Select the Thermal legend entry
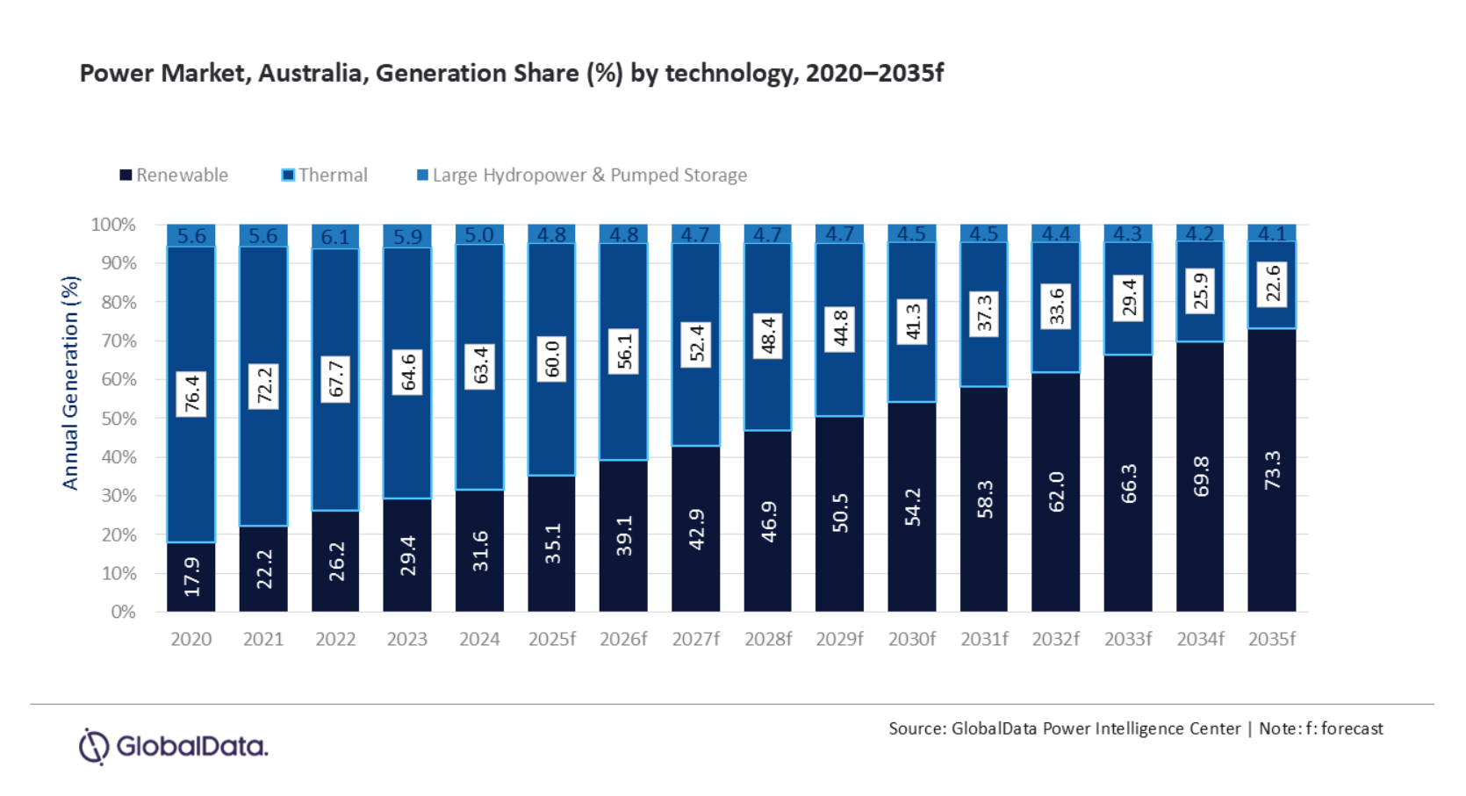pyautogui.click(x=325, y=176)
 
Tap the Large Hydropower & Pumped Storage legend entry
pyautogui.click(x=581, y=176)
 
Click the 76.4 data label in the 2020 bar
pyautogui.click(x=191, y=393)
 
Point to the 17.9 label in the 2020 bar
pyautogui.click(x=191, y=577)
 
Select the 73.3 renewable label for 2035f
pyautogui.click(x=1272, y=470)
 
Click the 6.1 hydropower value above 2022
pyautogui.click(x=335, y=237)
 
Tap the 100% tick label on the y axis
pyautogui.click(x=113, y=225)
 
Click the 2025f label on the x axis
pyautogui.click(x=551, y=640)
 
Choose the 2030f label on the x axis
pyautogui.click(x=911, y=640)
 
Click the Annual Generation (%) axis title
pyautogui.click(x=70, y=383)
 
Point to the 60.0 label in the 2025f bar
pyautogui.click(x=552, y=359)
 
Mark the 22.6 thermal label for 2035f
pyautogui.click(x=1273, y=284)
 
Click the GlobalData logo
pyautogui.click(x=173, y=747)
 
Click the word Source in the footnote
pyautogui.click(x=916, y=728)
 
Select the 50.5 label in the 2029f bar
pyautogui.click(x=840, y=513)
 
